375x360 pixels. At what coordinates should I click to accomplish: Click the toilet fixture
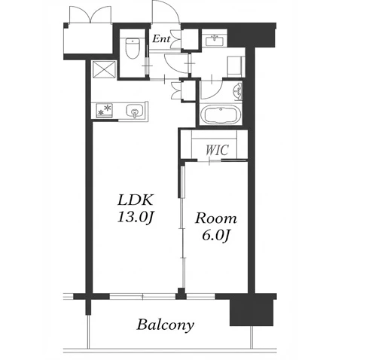pyautogui.click(x=133, y=48)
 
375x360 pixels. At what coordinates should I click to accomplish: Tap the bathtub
pyautogui.click(x=221, y=115)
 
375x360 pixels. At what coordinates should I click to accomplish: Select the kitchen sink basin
pyautogui.click(x=135, y=111)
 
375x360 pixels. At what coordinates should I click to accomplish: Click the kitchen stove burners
pyautogui.click(x=105, y=111)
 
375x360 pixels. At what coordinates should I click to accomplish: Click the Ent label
pyautogui.click(x=161, y=39)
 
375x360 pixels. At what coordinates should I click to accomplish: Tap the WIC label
pyautogui.click(x=217, y=150)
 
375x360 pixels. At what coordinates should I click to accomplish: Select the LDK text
pyautogui.click(x=135, y=200)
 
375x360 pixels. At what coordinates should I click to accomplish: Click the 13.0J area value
pyautogui.click(x=135, y=217)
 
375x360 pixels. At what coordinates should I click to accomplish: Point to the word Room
pyautogui.click(x=216, y=218)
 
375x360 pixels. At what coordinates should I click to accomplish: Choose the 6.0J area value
pyautogui.click(x=216, y=235)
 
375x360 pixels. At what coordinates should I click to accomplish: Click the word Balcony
pyautogui.click(x=165, y=325)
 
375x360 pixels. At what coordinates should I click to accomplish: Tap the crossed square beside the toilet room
pyautogui.click(x=104, y=69)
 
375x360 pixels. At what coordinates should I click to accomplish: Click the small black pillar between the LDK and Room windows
pyautogui.click(x=181, y=294)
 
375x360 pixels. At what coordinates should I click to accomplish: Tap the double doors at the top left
pyautogui.click(x=90, y=14)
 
